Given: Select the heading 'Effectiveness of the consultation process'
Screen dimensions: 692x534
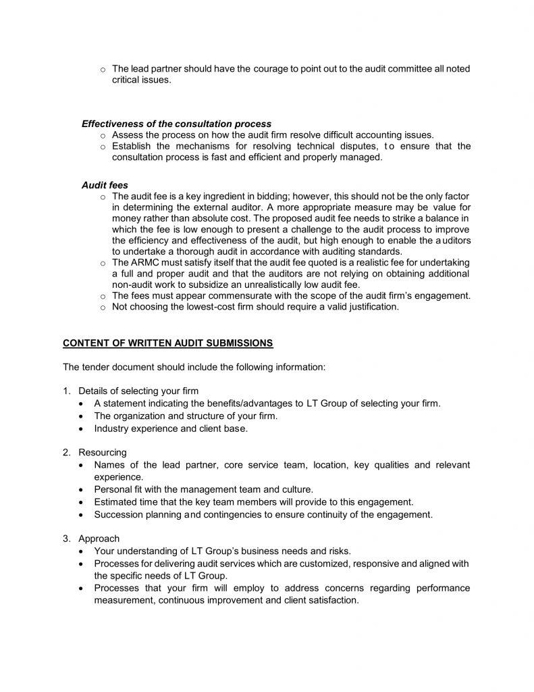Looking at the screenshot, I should [176, 124].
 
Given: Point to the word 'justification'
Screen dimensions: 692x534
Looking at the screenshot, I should [370, 307].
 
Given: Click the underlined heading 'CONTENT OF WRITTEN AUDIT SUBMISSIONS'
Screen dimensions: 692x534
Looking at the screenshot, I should [168, 343].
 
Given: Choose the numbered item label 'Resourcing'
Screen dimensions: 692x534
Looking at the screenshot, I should [103, 452].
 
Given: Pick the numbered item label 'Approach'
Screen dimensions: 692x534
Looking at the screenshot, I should [99, 539].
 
